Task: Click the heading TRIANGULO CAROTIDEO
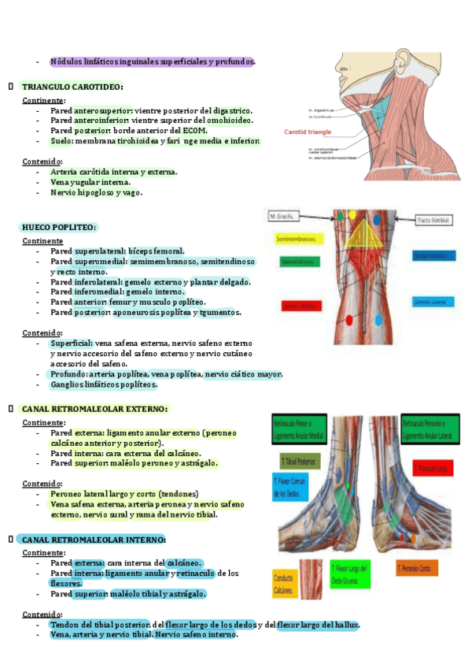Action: [x=72, y=87]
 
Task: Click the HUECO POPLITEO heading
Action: [x=59, y=228]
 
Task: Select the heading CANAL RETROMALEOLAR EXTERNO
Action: [x=94, y=410]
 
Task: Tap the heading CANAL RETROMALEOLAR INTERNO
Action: [x=94, y=540]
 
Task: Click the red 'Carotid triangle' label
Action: [x=308, y=132]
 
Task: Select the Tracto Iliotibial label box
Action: [x=432, y=221]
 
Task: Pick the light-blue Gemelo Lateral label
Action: [x=432, y=302]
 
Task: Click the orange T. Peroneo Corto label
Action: [x=417, y=566]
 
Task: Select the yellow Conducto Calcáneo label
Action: [x=286, y=584]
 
